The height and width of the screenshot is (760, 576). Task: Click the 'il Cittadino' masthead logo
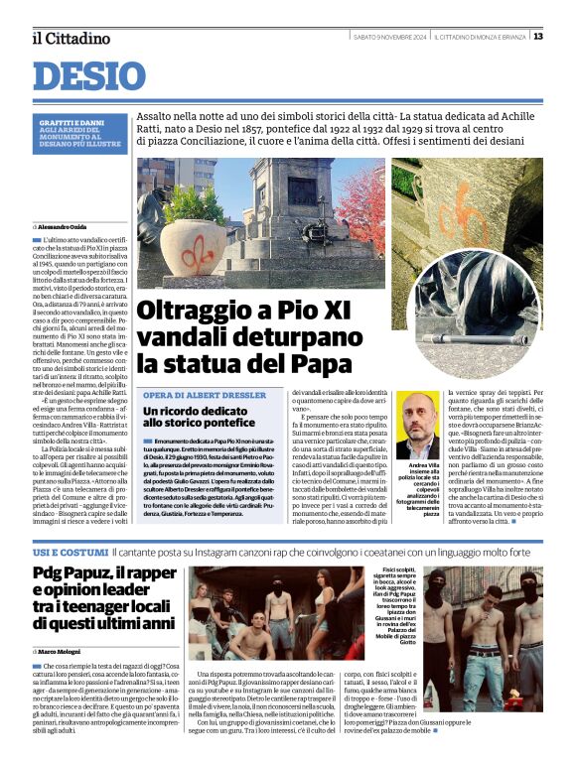tap(71, 38)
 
